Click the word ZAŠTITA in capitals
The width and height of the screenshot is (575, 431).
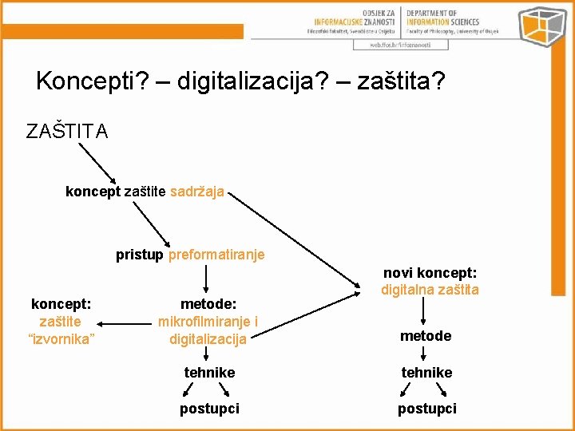[67, 132]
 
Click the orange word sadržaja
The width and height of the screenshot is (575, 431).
[197, 192]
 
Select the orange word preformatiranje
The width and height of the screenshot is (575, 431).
[216, 255]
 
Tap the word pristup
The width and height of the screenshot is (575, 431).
[140, 255]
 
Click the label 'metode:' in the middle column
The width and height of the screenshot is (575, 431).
[208, 304]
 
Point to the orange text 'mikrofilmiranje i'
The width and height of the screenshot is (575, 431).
[208, 322]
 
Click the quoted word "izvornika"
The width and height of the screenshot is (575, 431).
[61, 339]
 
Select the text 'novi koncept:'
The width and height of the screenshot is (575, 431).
[430, 273]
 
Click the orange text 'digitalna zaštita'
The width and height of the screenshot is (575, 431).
[430, 290]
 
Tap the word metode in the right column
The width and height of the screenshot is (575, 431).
[426, 336]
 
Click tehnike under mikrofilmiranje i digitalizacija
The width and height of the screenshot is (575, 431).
[209, 372]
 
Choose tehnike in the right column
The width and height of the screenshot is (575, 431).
[426, 372]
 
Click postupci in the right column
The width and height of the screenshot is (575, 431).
[427, 409]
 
